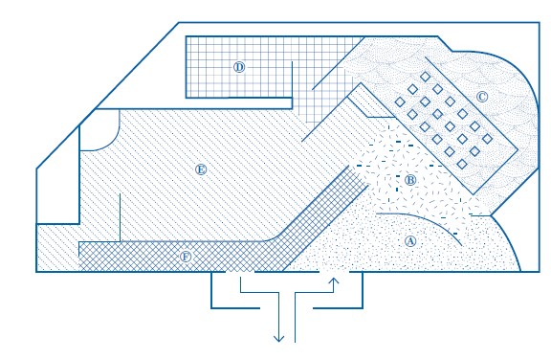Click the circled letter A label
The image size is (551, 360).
[410, 241]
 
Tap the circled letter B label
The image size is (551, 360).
[410, 180]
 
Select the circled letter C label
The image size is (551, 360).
[482, 97]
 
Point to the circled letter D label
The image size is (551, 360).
[239, 67]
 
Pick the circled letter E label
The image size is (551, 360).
[201, 169]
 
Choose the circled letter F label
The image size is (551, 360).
[186, 257]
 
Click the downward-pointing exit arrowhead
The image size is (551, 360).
[278, 339]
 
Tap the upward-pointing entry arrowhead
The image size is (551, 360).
[334, 281]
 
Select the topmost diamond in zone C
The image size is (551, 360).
[425, 77]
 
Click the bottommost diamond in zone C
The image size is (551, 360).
[462, 164]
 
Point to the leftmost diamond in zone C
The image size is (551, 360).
[400, 101]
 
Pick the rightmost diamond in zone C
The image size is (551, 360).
[487, 139]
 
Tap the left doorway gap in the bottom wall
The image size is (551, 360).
[240, 271]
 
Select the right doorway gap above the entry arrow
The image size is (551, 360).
[334, 271]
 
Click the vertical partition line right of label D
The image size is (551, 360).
[292, 85]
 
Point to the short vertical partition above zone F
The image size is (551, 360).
[120, 217]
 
